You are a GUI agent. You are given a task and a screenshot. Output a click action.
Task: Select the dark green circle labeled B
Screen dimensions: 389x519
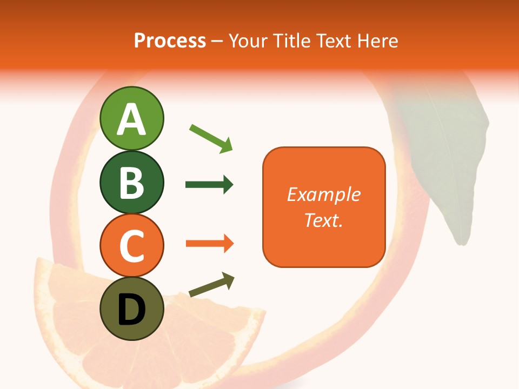click(132, 182)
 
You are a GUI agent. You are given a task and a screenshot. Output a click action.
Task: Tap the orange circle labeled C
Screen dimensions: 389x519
click(132, 245)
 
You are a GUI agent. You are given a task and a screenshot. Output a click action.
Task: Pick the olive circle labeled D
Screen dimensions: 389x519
click(132, 308)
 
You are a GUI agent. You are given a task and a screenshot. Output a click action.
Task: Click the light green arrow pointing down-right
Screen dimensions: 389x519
click(211, 138)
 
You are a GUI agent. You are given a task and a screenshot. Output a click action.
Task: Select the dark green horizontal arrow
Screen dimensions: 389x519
click(209, 185)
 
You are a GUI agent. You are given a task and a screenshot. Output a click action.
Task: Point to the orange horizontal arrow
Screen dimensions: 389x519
click(209, 244)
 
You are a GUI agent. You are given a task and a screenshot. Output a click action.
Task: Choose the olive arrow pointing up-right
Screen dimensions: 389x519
click(211, 285)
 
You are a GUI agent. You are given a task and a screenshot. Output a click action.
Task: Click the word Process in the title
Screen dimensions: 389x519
click(170, 41)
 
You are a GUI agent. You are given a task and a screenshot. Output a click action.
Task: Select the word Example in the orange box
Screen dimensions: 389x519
click(324, 194)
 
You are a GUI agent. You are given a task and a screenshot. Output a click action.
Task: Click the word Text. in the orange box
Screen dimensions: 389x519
click(323, 220)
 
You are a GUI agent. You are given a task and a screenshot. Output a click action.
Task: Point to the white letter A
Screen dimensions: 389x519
click(132, 119)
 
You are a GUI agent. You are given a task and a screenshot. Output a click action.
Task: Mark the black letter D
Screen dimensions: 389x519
click(132, 310)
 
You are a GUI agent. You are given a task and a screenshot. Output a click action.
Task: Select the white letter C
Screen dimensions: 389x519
click(132, 246)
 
